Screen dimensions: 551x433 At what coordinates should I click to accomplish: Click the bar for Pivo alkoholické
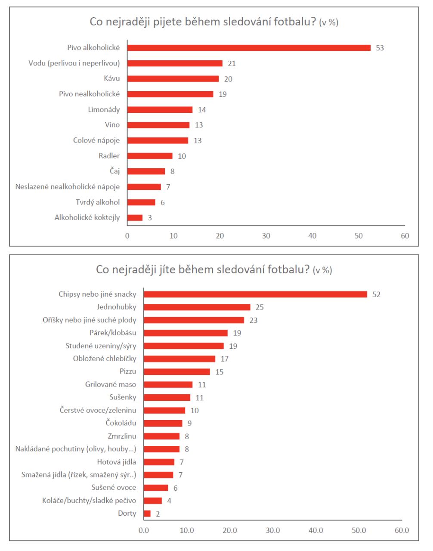click(249, 48)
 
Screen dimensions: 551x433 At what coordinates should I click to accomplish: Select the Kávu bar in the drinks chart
click(173, 79)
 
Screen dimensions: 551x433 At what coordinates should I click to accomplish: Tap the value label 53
click(380, 48)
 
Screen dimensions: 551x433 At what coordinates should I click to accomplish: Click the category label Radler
click(109, 156)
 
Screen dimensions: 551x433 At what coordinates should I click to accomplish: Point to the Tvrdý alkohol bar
click(141, 202)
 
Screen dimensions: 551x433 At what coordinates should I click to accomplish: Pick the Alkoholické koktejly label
click(87, 218)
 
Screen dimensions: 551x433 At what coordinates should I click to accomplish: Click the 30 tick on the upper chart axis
click(266, 236)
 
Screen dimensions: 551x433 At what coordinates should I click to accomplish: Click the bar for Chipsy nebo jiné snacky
click(255, 294)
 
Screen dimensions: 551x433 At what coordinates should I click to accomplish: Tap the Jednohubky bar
click(197, 307)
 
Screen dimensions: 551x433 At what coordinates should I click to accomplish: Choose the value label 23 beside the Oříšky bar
click(254, 320)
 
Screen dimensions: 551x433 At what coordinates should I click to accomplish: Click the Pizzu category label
click(128, 371)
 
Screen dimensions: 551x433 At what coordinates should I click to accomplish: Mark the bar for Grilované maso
click(168, 384)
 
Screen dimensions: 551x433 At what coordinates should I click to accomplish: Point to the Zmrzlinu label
click(122, 436)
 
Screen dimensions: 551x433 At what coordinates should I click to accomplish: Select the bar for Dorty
click(147, 514)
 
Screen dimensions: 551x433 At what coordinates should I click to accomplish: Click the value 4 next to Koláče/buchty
click(169, 501)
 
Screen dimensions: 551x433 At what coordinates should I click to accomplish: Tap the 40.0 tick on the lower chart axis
click(315, 530)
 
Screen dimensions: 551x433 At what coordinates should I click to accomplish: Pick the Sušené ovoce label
click(114, 488)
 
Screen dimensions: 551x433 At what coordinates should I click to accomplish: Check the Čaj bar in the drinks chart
click(146, 171)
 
